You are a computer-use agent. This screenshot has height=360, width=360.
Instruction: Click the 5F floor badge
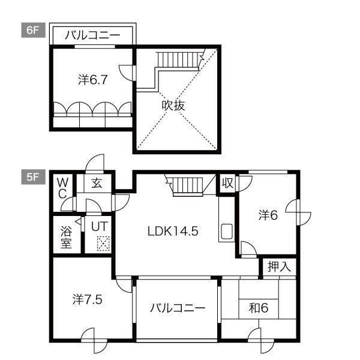pos(32,177)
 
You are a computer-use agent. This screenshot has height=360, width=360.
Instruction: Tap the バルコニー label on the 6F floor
pos(92,35)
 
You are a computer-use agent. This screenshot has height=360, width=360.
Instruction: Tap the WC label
pos(62,187)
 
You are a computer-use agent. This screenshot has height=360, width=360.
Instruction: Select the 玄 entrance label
pos(97,183)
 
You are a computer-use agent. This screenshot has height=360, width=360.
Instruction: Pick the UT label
pos(99,227)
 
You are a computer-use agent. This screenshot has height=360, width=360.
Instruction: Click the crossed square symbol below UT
pos(103,243)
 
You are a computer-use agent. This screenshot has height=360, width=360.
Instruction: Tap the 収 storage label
pos(227,183)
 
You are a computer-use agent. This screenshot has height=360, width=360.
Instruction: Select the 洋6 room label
pos(268,215)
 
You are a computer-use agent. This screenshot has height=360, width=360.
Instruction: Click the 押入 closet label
pos(279,267)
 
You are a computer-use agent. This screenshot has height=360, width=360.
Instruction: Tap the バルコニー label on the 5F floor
pos(177,308)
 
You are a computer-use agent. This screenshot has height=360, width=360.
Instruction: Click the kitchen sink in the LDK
pos(227,231)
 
